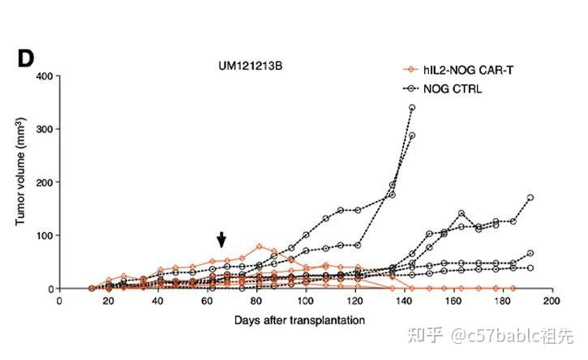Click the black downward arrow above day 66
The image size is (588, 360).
coord(221,239)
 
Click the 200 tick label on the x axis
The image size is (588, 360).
coord(552,301)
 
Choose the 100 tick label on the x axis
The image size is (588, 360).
coord(305,301)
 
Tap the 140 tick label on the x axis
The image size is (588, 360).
coord(404,301)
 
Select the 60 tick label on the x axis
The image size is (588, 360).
coord(207,301)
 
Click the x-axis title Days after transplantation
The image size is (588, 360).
coord(299,320)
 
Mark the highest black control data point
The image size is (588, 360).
coord(412,108)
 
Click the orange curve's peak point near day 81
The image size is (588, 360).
coord(260,246)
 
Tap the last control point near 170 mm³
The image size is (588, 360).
coord(530,198)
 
